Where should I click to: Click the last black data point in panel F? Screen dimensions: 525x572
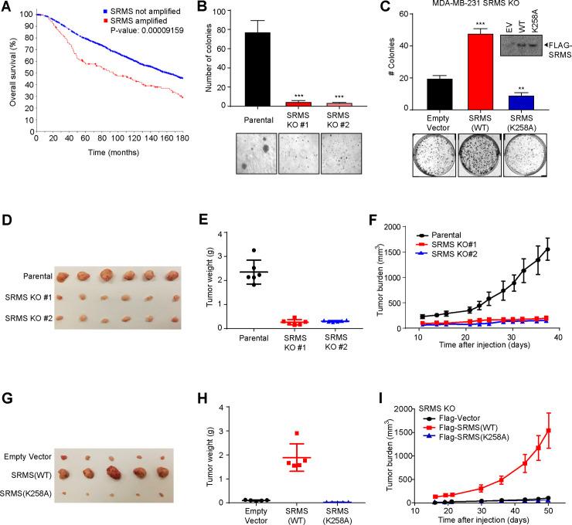pos(547,249)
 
